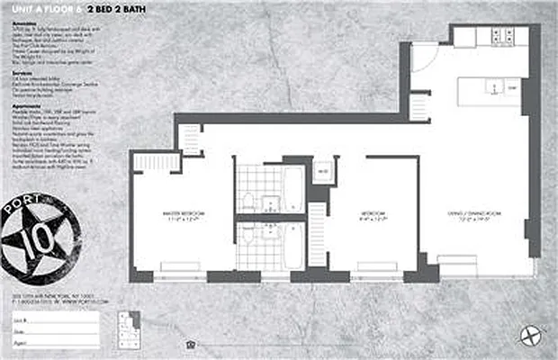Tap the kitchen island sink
point(496,88)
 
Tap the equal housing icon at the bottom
point(190,343)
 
